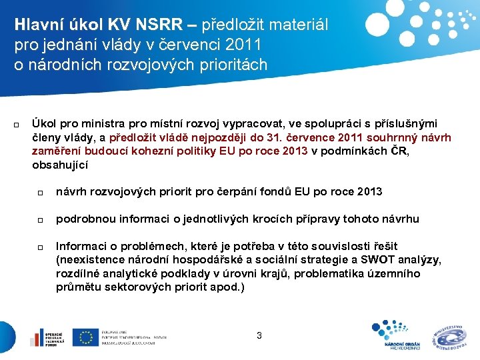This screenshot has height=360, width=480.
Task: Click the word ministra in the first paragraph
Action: [104, 124]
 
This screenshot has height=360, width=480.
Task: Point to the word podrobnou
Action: [82, 219]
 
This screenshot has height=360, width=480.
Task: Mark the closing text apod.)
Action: [228, 287]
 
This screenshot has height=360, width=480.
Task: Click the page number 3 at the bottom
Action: [259, 336]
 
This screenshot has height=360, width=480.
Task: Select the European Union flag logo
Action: [85, 337]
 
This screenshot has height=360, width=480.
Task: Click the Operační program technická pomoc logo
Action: [46, 337]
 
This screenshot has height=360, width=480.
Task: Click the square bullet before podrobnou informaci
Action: [40, 220]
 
